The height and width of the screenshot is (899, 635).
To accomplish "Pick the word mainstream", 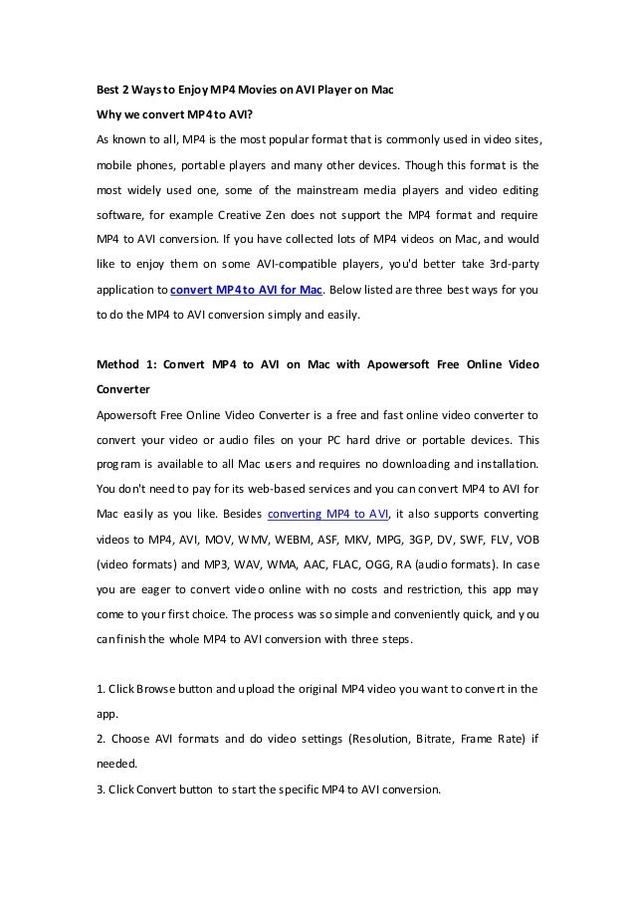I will point(313,189).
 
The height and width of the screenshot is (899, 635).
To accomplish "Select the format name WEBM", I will point(290,541).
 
